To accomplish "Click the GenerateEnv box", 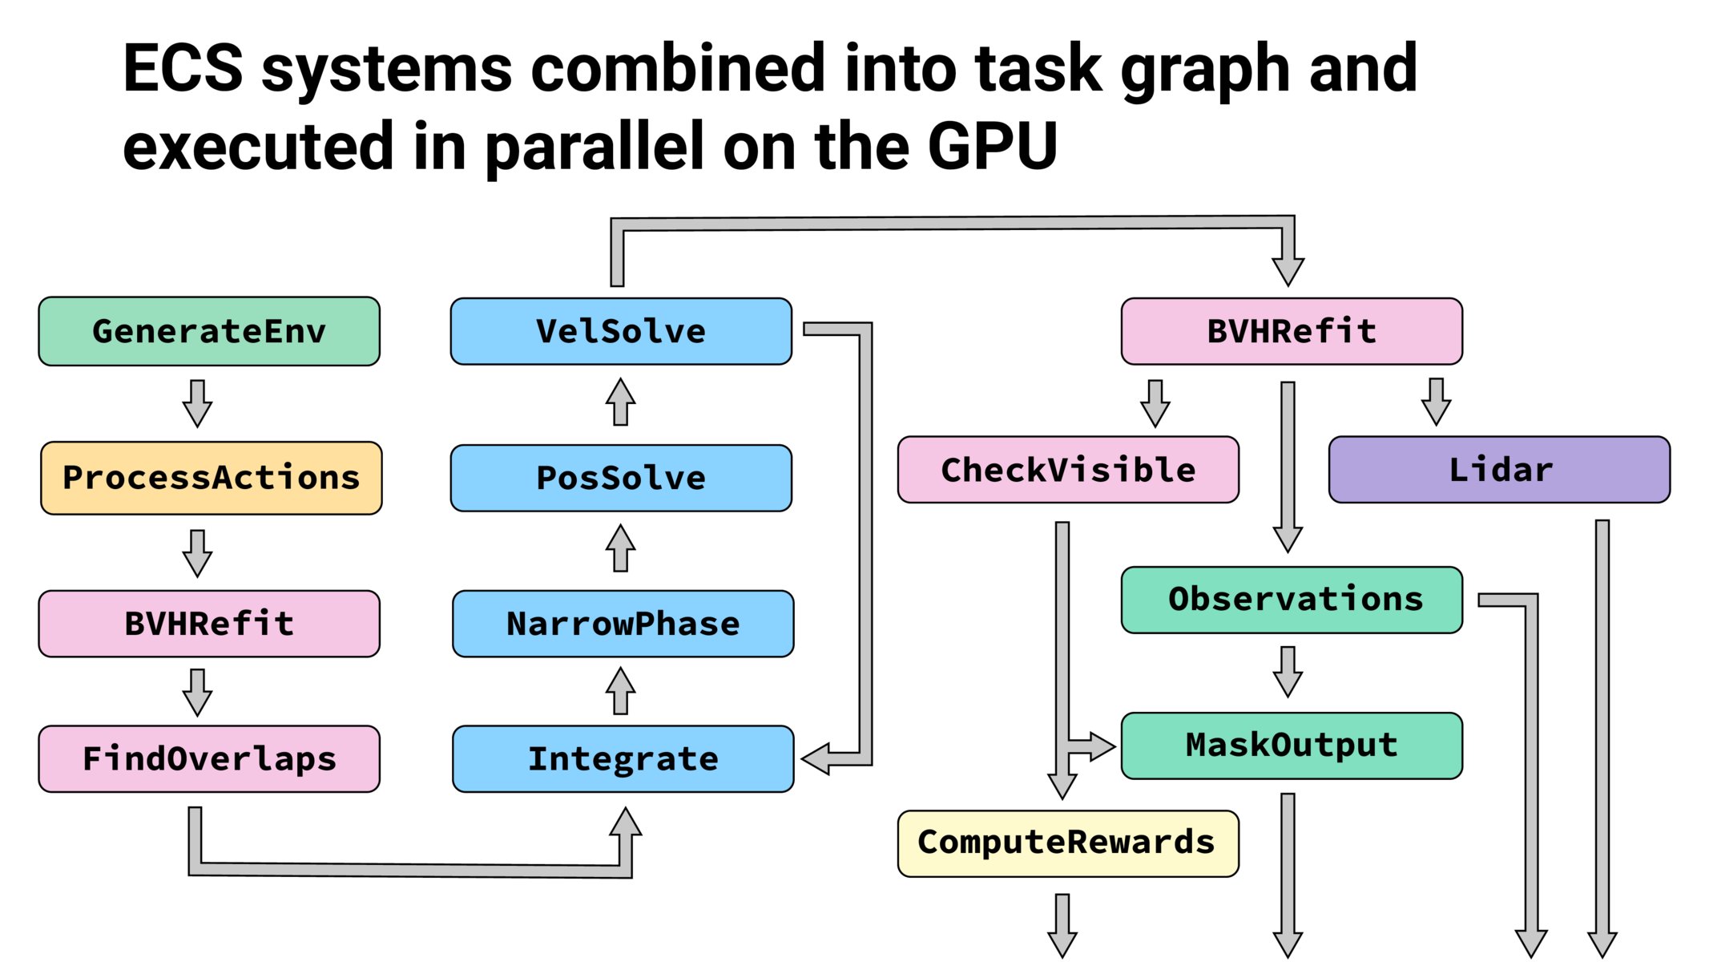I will point(209,331).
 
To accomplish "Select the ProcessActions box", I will point(211,478).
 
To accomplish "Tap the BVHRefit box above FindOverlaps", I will point(209,624).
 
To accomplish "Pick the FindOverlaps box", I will point(209,758).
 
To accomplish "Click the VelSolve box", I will point(621,331).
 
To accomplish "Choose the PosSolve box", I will point(621,478).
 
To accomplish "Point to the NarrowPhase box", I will point(623,624).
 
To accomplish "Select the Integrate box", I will point(623,758).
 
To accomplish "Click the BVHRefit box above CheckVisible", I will point(1292,331).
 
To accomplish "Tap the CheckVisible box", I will point(1068,470).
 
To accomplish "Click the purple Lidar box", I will point(1499,470).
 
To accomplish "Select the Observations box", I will point(1292,600).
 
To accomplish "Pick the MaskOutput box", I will point(1292,746).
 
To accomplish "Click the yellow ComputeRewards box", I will point(1068,843).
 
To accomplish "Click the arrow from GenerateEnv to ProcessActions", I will point(197,403).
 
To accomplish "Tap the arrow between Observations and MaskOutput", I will point(1288,672).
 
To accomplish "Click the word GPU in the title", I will point(992,147).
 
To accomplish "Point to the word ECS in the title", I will point(183,69).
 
